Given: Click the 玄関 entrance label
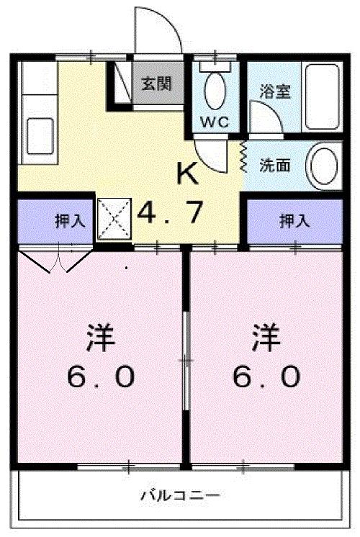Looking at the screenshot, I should point(156,84).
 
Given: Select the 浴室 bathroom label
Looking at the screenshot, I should point(274,93).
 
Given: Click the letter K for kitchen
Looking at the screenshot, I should point(187,173).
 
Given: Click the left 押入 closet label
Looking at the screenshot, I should point(70,221).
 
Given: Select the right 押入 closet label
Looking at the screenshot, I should point(294,221).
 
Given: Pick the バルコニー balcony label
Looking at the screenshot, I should point(180,495).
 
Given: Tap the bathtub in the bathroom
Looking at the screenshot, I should point(321,97).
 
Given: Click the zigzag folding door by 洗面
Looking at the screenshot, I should point(244,156).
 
